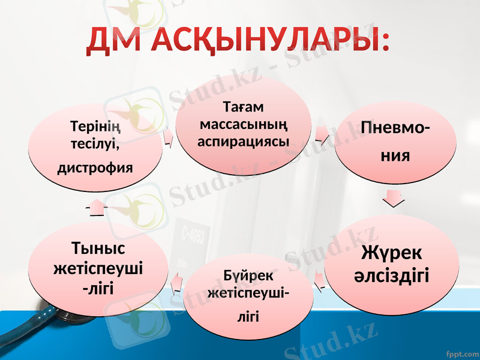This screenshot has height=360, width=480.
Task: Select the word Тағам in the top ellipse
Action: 242,107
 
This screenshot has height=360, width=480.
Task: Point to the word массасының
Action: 243,124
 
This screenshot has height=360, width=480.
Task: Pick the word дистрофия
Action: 95,166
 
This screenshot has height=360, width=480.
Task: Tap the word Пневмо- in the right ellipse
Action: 394,128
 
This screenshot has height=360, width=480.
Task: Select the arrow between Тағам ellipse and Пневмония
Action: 322,135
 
